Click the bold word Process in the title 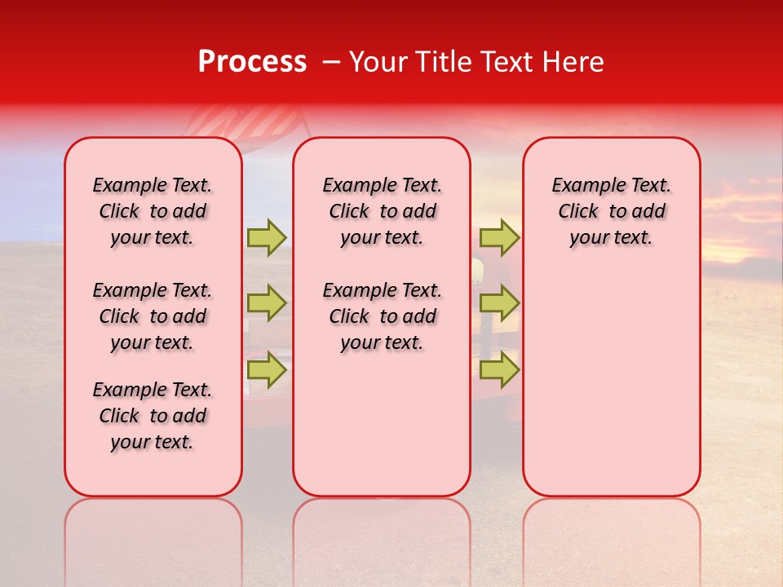[252, 62]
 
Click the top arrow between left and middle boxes [267, 237]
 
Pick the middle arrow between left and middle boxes [267, 303]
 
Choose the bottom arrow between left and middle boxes [267, 369]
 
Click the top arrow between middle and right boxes [499, 237]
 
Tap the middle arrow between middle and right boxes [499, 303]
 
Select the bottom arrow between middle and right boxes [499, 369]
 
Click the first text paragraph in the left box [153, 211]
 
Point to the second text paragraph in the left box [153, 316]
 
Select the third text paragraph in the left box [153, 416]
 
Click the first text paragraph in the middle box [382, 211]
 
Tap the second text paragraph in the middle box [382, 316]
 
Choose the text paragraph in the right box [611, 211]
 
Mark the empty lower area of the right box [611, 391]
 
